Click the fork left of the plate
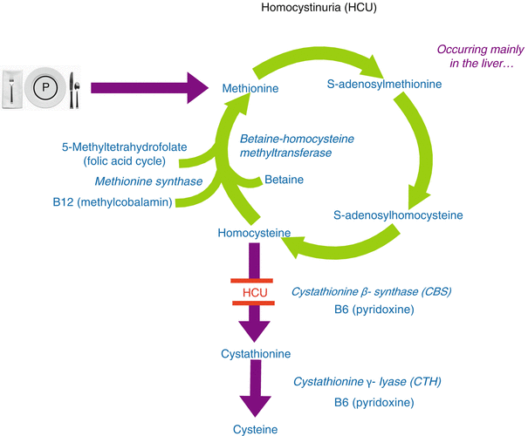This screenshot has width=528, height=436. click(x=11, y=87)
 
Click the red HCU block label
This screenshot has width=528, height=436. click(x=252, y=292)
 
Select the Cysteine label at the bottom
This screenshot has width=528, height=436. click(x=257, y=429)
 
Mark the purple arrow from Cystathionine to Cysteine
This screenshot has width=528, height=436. click(x=257, y=392)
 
